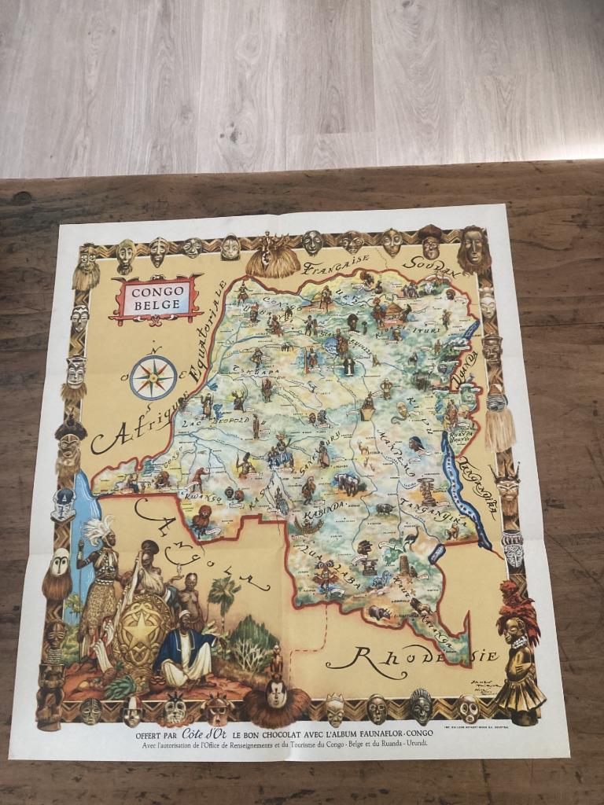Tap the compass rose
pos(153,377)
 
